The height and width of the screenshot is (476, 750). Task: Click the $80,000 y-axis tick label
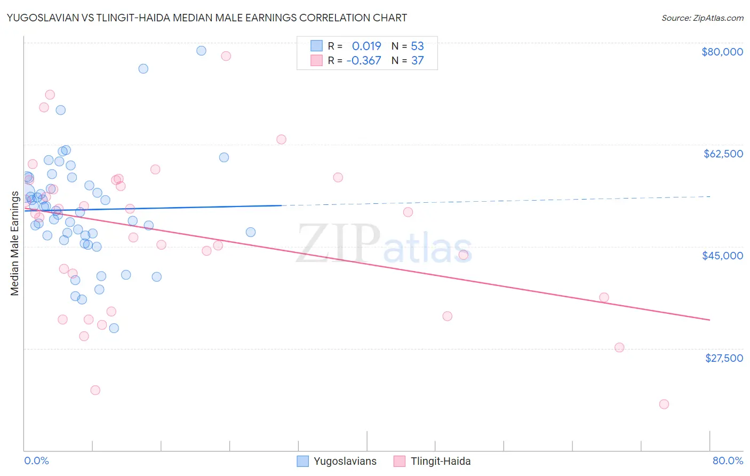pyautogui.click(x=722, y=52)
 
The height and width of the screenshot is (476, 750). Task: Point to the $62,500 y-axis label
pyautogui.click(x=723, y=154)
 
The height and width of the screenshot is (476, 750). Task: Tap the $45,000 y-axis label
pyautogui.click(x=722, y=256)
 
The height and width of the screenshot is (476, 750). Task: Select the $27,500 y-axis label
pyautogui.click(x=724, y=358)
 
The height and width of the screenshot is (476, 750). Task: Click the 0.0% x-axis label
pyautogui.click(x=36, y=461)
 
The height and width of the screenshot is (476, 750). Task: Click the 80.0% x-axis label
pyautogui.click(x=728, y=461)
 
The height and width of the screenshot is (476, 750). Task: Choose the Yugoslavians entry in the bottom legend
pyautogui.click(x=345, y=461)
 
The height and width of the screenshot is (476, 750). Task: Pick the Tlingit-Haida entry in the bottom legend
pyautogui.click(x=440, y=461)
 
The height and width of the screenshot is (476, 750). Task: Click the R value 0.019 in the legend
pyautogui.click(x=366, y=46)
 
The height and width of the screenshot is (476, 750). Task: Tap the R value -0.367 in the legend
pyautogui.click(x=364, y=60)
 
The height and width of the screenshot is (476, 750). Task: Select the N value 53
pyautogui.click(x=417, y=46)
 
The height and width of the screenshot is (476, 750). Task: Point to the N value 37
pyautogui.click(x=417, y=60)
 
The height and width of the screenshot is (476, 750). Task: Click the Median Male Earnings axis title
pyautogui.click(x=15, y=243)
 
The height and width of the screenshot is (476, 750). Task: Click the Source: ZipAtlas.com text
pyautogui.click(x=702, y=18)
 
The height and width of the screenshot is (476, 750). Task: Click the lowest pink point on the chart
pyautogui.click(x=664, y=404)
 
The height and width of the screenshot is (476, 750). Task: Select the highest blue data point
pyautogui.click(x=201, y=51)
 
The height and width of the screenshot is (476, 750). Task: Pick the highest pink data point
pyautogui.click(x=226, y=56)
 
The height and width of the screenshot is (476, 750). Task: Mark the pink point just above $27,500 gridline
pyautogui.click(x=619, y=347)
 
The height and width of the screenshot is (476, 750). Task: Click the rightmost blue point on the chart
pyautogui.click(x=251, y=232)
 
